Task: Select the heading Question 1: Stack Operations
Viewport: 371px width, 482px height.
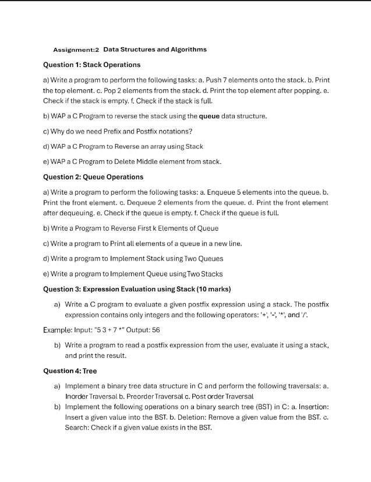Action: (x=92, y=65)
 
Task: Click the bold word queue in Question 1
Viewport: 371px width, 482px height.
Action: (x=209, y=116)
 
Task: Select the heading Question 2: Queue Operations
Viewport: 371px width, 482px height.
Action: (x=93, y=177)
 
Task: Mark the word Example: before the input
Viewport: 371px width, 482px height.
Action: (x=58, y=330)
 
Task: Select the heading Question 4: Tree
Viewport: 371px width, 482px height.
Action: (x=70, y=371)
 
